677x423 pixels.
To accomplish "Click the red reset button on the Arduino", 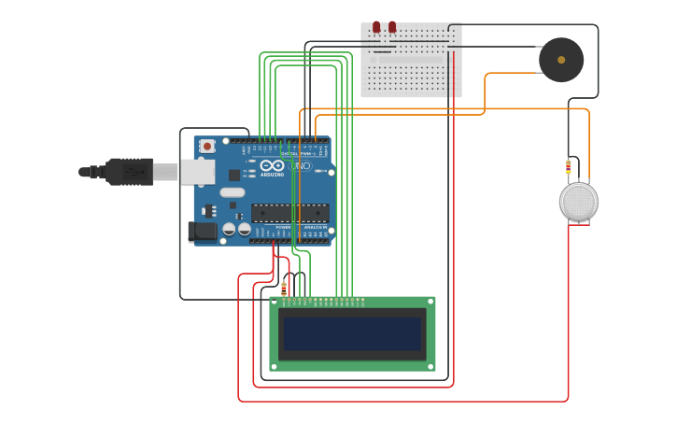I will click(x=207, y=146).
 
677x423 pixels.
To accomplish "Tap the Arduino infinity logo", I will click(x=272, y=165).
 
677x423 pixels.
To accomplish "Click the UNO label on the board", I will click(x=301, y=166).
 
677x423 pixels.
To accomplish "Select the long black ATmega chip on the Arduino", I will click(x=289, y=213).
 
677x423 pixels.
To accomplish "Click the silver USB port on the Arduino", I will click(x=197, y=172).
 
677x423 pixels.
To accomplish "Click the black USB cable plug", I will click(x=130, y=172).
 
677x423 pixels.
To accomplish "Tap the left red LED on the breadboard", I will click(x=376, y=27).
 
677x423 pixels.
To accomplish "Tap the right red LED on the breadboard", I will click(x=392, y=27).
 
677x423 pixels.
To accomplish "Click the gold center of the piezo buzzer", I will click(x=561, y=60).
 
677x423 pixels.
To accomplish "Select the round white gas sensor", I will click(x=578, y=202).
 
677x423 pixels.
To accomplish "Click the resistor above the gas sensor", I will click(x=568, y=167).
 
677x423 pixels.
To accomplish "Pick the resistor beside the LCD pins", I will click(x=284, y=288).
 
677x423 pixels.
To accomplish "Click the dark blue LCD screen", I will click(x=352, y=333).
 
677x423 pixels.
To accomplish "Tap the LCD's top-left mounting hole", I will click(x=275, y=302).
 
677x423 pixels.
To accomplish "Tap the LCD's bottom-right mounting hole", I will click(x=430, y=366).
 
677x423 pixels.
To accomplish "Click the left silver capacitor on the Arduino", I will click(x=229, y=228).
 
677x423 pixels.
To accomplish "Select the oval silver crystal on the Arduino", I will click(x=233, y=192).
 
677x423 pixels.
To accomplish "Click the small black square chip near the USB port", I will click(x=233, y=175).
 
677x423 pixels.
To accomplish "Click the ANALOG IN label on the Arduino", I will click(x=314, y=227).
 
